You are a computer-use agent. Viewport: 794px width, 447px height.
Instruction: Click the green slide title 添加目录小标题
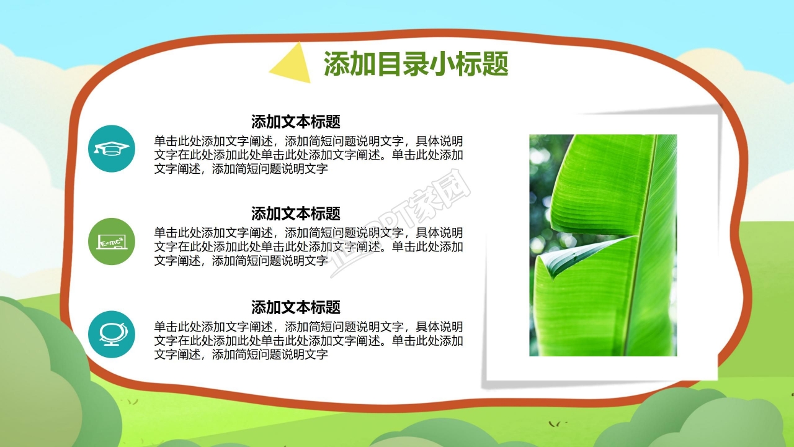[x=416, y=64]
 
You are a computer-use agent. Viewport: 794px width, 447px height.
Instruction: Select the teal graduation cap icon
[x=112, y=148]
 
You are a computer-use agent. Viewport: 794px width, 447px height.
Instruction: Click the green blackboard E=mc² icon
[x=112, y=242]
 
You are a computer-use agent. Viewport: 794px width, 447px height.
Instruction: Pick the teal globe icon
[x=112, y=335]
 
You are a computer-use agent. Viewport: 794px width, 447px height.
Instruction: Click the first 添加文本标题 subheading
[x=295, y=121]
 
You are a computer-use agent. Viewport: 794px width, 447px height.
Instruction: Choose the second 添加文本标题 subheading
[x=295, y=214]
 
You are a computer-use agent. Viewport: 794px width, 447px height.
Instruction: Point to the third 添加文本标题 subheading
[x=295, y=307]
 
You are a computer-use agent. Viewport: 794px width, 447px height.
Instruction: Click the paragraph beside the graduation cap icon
[x=308, y=155]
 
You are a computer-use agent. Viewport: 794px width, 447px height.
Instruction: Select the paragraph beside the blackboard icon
[x=308, y=247]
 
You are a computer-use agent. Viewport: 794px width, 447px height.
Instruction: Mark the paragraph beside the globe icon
[x=308, y=341]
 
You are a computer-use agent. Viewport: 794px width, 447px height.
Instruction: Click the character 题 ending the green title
[x=494, y=64]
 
